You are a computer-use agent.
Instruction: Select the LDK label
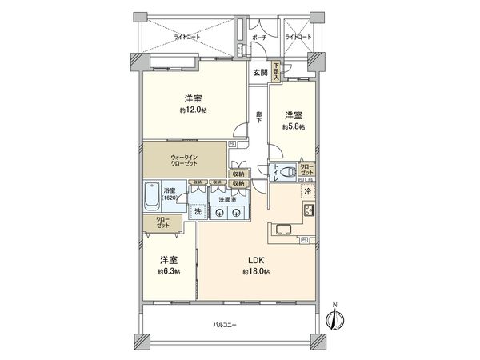[255, 261]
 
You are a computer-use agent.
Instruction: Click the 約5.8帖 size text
[292, 126]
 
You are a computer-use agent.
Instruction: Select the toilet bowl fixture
[284, 171]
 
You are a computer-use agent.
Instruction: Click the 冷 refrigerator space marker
[307, 193]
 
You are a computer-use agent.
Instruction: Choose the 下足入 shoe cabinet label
[276, 69]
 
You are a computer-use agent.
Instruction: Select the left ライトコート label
[189, 37]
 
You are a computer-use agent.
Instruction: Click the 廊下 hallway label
[259, 117]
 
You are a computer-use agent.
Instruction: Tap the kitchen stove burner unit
[307, 211]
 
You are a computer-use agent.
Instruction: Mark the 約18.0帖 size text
[256, 272]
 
